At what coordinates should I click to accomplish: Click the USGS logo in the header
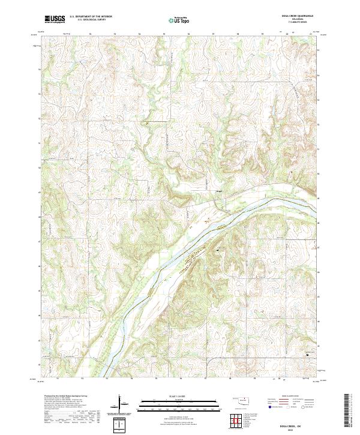coord(55,19)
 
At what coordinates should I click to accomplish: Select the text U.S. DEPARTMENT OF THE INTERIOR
coord(90,16)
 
